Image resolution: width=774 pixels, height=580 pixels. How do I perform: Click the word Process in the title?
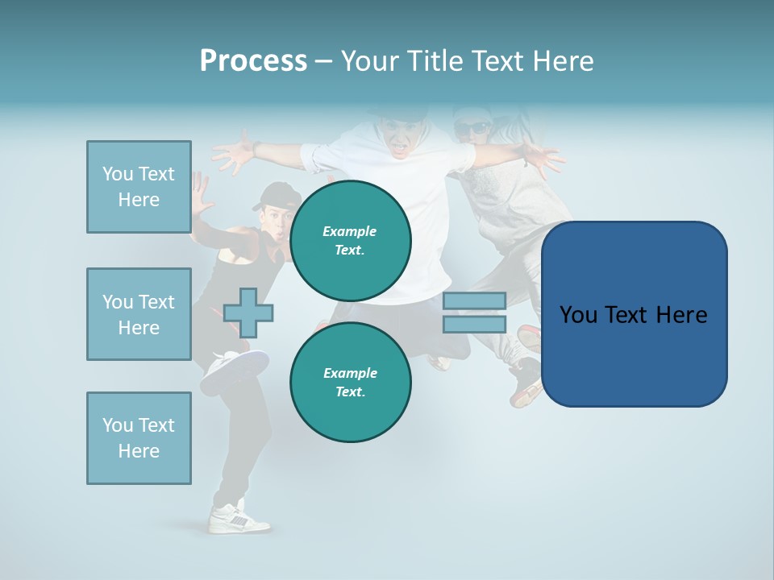pyautogui.click(x=253, y=61)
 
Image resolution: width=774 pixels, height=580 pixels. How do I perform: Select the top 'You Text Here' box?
pyautogui.click(x=139, y=187)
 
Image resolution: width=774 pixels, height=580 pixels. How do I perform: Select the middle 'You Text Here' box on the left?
pyautogui.click(x=139, y=314)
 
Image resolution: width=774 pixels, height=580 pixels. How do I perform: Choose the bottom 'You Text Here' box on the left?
pyautogui.click(x=139, y=438)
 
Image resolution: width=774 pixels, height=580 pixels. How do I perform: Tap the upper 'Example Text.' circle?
pyautogui.click(x=350, y=241)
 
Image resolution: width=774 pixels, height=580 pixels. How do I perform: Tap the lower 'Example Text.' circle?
pyautogui.click(x=350, y=383)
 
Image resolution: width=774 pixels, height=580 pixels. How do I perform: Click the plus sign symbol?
pyautogui.click(x=248, y=313)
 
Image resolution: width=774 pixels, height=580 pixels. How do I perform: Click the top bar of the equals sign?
pyautogui.click(x=474, y=300)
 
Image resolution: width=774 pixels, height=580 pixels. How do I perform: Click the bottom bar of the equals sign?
pyautogui.click(x=474, y=325)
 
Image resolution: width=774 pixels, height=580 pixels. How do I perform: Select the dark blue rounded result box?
pyautogui.click(x=634, y=314)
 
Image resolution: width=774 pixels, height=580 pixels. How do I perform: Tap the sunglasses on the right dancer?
pyautogui.click(x=472, y=127)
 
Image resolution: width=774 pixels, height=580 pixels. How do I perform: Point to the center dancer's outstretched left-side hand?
pyautogui.click(x=234, y=151)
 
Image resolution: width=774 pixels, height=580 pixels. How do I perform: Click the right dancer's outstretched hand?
pyautogui.click(x=543, y=156)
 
